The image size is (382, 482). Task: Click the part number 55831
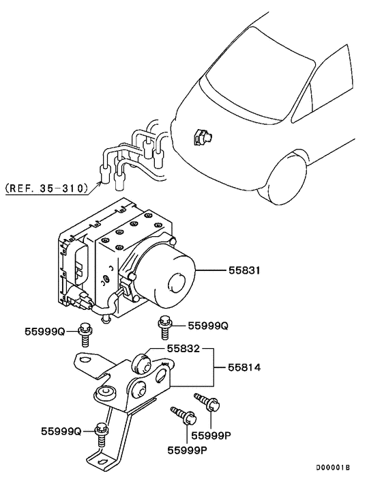point(244,270)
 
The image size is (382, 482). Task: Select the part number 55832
point(183,348)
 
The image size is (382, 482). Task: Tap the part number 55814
point(244,367)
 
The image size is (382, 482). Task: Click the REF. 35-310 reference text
point(46,188)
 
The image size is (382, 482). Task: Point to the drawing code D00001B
point(333,468)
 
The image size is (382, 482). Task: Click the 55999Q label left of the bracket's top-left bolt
point(45,331)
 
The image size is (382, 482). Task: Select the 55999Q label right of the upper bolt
point(208,326)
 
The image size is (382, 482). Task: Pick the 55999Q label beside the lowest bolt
point(61,431)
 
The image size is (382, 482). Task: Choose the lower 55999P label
point(187,451)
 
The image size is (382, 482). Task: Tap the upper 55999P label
point(211,436)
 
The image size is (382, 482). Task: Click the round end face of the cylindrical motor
point(177,283)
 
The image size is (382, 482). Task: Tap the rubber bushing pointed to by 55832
point(141,363)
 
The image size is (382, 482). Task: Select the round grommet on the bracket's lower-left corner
point(106,393)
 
